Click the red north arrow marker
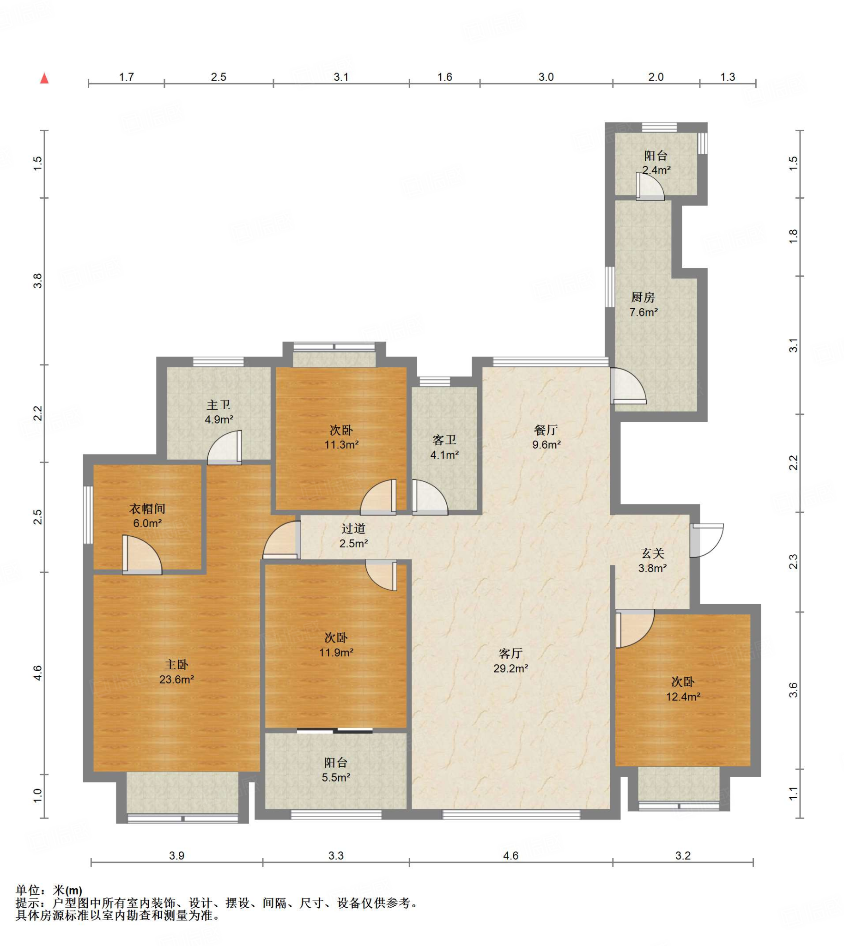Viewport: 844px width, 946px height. pos(44,78)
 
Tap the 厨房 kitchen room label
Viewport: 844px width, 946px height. pos(643,297)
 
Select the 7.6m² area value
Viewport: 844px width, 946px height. pos(644,312)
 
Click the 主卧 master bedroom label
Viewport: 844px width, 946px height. pos(176,665)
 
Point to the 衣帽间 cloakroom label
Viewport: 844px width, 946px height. pos(147,509)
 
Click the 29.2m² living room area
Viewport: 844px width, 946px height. pos(510,668)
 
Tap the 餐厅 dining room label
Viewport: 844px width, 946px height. pos(546,430)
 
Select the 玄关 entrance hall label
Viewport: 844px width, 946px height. pos(653,553)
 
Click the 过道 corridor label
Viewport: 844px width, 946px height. pos(353,528)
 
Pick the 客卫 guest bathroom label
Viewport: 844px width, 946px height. pos(444,440)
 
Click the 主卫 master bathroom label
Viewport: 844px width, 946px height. pos(219,405)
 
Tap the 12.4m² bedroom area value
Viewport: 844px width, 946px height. pos(683,697)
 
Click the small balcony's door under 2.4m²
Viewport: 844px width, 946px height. pos(650,187)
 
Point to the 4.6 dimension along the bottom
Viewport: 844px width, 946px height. pos(510,855)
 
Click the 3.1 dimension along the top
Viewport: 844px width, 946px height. pos(341,77)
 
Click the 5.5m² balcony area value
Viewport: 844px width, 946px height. pos(336,777)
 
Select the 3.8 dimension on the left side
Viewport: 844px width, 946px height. pos(37,281)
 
